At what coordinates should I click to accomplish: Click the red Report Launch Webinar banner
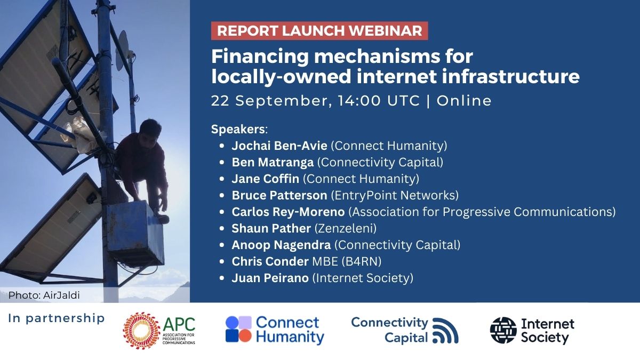click(x=319, y=30)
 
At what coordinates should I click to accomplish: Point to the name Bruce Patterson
click(x=279, y=195)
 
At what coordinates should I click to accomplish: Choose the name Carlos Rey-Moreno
click(x=289, y=212)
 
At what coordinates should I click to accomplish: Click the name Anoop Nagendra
click(x=281, y=245)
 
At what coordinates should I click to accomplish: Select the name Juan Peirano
click(x=270, y=278)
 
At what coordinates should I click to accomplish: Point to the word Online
click(x=464, y=100)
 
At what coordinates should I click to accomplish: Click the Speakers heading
click(x=238, y=129)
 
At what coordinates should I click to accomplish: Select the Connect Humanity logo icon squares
click(x=238, y=329)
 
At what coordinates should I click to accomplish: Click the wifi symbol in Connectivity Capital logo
click(x=445, y=331)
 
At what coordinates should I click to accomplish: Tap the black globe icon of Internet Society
click(x=503, y=331)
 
